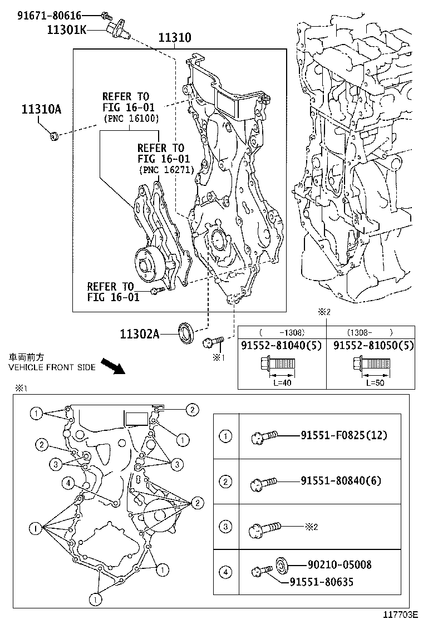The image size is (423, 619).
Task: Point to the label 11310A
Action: (x=41, y=109)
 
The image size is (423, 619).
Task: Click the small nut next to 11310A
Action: (x=55, y=135)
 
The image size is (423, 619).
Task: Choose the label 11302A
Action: (x=139, y=334)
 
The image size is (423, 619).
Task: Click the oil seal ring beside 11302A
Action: (x=185, y=332)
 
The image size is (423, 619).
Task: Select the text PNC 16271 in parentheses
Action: (x=167, y=170)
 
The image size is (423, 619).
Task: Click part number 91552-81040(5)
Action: (x=282, y=346)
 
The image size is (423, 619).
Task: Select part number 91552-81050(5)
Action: (x=373, y=346)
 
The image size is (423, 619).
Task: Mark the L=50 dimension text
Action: (x=374, y=383)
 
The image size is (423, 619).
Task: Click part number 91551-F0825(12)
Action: (x=344, y=435)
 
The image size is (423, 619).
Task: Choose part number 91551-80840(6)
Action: (x=341, y=480)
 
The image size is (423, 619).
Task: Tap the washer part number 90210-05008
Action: (x=339, y=565)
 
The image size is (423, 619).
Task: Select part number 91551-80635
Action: (x=321, y=582)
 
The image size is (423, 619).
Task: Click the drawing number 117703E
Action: (x=400, y=613)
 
